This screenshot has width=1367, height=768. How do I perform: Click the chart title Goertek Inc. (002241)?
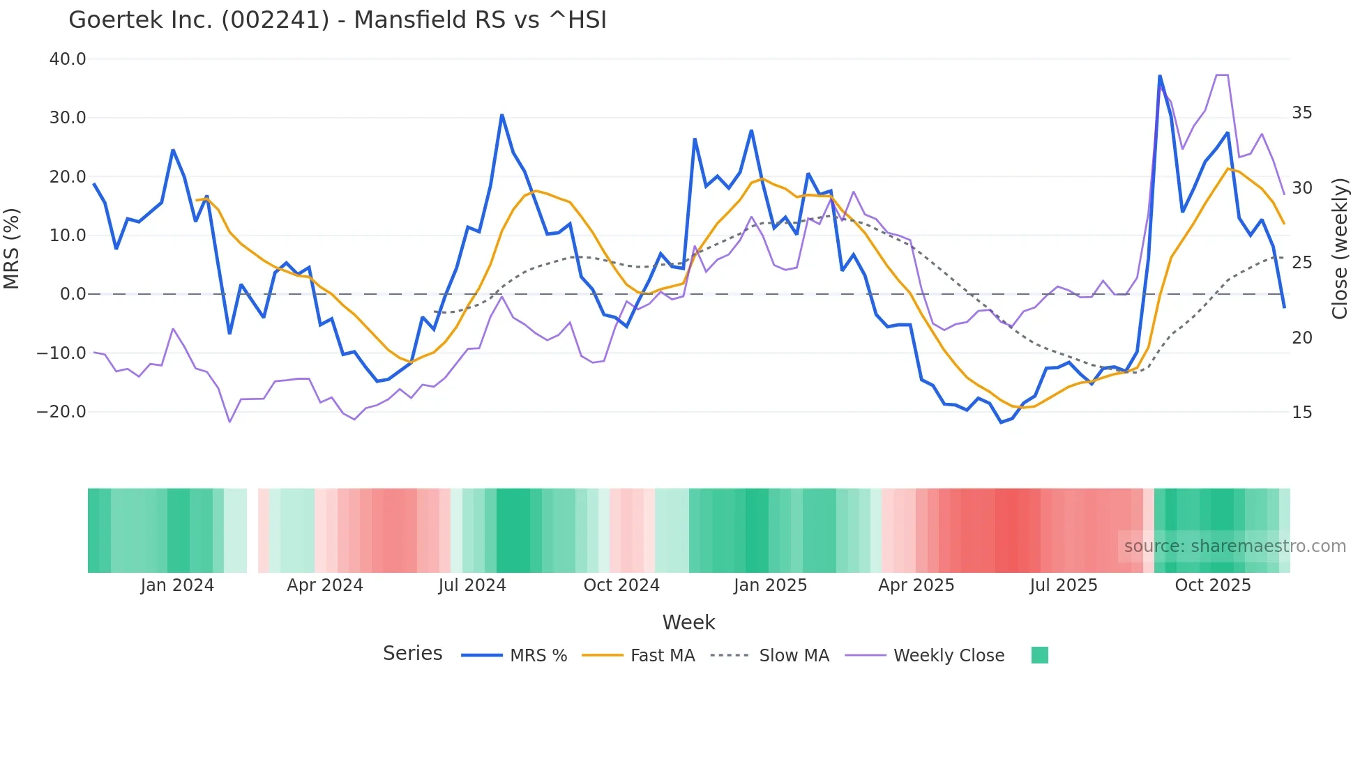(x=338, y=20)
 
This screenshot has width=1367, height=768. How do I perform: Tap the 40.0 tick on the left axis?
(x=68, y=59)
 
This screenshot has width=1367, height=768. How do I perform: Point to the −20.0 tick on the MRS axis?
(x=61, y=412)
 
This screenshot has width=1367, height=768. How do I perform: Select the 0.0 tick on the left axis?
(x=73, y=294)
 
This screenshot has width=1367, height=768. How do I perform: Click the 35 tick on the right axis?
(x=1301, y=113)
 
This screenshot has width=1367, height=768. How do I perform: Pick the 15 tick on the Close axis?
(x=1301, y=413)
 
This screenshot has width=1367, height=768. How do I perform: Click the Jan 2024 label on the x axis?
(x=177, y=585)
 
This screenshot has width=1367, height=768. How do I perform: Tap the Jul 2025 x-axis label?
(x=1064, y=585)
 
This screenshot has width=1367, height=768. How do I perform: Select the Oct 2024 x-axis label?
(x=621, y=585)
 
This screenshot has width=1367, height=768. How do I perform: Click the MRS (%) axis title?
(x=12, y=248)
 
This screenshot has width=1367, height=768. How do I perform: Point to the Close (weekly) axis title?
(x=1339, y=248)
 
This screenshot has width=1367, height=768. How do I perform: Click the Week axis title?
(x=688, y=622)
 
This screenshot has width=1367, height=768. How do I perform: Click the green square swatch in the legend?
(x=1039, y=655)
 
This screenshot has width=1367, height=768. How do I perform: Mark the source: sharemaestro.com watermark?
(x=1234, y=546)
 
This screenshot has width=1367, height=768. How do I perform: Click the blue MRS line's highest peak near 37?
(x=1160, y=76)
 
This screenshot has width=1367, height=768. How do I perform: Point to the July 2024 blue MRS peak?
(x=501, y=115)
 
